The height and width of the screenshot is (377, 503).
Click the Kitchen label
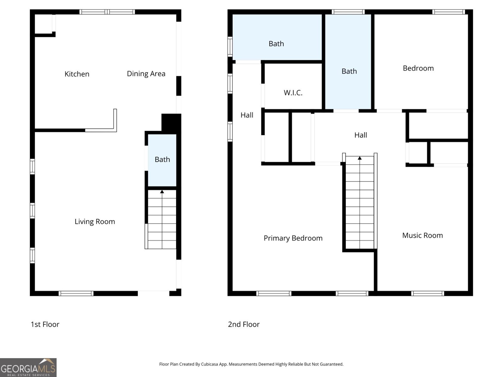pyautogui.click(x=77, y=74)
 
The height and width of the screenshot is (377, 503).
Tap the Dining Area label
pyautogui.click(x=146, y=74)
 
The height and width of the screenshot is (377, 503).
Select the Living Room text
pyautogui.click(x=95, y=221)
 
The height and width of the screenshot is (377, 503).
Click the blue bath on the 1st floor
pyautogui.click(x=162, y=160)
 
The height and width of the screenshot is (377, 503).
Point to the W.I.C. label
pyautogui.click(x=293, y=93)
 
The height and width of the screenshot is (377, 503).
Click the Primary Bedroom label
pyautogui.click(x=293, y=238)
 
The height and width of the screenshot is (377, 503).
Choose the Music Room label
pyautogui.click(x=422, y=235)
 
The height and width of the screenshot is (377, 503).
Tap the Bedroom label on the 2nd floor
pyautogui.click(x=418, y=68)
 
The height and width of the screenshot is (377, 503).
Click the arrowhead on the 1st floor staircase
pyautogui.click(x=162, y=192)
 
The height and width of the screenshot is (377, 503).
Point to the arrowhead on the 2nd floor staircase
pyautogui.click(x=360, y=158)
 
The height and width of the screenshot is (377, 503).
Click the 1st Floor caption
pyautogui.click(x=45, y=324)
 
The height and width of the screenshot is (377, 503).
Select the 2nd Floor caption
pyautogui.click(x=244, y=324)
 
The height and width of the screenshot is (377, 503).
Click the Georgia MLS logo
pyautogui.click(x=28, y=368)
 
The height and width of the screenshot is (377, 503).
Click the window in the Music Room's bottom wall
pyautogui.click(x=427, y=293)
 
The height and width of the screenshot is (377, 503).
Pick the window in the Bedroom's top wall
pyautogui.click(x=449, y=12)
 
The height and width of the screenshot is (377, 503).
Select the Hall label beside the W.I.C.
pyautogui.click(x=247, y=115)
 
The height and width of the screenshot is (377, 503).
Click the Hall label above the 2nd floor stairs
pyautogui.click(x=361, y=135)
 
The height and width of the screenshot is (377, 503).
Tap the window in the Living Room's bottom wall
pyautogui.click(x=76, y=293)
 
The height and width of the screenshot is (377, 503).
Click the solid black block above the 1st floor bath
pyautogui.click(x=171, y=123)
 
